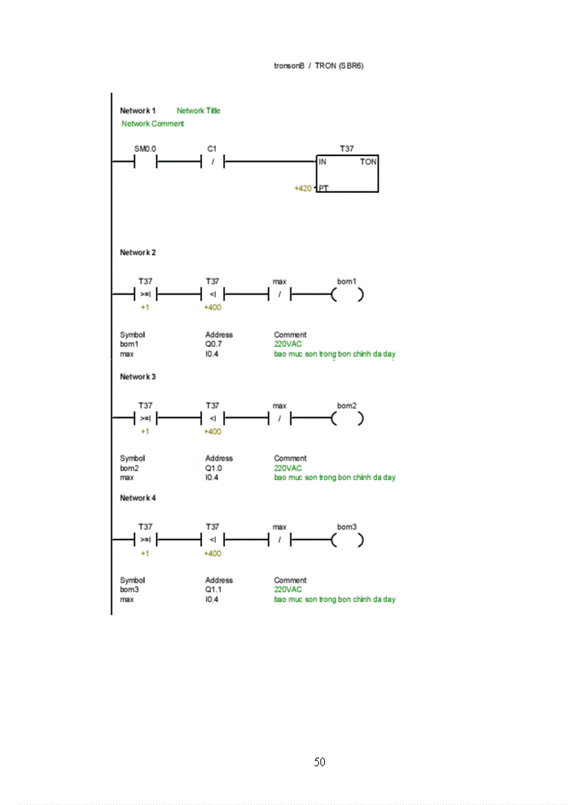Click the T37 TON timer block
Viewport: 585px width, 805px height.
347,173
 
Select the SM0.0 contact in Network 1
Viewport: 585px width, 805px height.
145,162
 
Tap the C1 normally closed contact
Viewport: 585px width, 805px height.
212,162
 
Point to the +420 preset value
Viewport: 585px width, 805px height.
303,188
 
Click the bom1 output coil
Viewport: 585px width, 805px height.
347,295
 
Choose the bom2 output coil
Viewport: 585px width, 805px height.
347,419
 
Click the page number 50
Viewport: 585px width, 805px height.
320,762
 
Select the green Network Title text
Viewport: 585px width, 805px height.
199,110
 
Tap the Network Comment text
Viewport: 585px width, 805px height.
153,123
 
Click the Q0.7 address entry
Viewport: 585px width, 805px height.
213,344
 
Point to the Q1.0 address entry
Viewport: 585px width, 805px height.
213,467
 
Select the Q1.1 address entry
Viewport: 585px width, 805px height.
213,589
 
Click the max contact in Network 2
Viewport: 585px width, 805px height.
280,295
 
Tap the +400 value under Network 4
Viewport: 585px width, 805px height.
212,553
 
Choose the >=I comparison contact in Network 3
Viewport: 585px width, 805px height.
145,419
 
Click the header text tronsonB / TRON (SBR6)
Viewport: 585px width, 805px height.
320,65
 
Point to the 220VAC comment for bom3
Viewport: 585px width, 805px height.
288,589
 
